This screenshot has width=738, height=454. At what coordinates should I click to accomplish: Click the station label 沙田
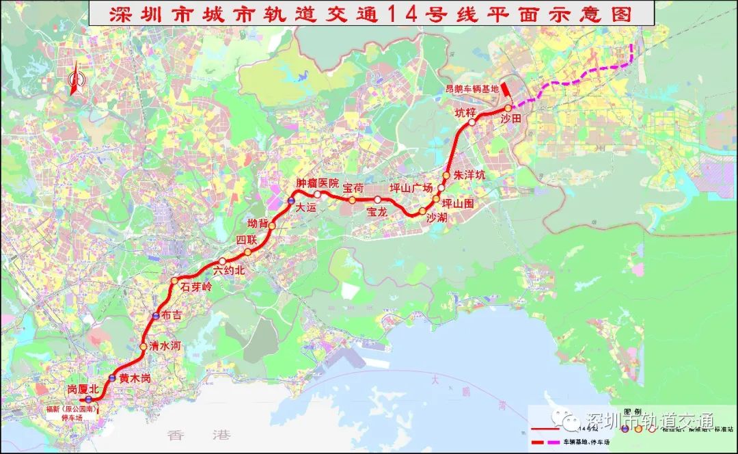pos(511,119)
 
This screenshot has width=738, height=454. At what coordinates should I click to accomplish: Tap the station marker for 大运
pos(290,201)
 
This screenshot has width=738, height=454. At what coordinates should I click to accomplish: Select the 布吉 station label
pos(172,315)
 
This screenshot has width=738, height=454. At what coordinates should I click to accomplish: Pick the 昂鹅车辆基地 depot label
pos(471,88)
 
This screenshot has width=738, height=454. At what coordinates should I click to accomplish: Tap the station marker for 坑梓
pos(471,122)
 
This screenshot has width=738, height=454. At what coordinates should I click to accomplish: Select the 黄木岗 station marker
pos(112,378)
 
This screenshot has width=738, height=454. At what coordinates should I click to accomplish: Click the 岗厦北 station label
pos(83,388)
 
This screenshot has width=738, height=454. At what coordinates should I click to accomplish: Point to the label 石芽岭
pos(197,287)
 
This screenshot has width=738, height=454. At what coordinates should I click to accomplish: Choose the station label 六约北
pos(228,270)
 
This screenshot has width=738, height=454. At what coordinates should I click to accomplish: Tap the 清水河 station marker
pos(143,347)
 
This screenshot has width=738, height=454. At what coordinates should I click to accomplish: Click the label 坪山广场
pos(411,187)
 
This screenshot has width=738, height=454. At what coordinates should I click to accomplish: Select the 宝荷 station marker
pos(352,200)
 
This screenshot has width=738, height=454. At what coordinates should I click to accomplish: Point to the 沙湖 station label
pos(437,218)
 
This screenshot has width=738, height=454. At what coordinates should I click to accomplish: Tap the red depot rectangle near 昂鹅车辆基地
pos(504,90)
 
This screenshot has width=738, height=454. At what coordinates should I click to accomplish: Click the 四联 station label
pos(246,239)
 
